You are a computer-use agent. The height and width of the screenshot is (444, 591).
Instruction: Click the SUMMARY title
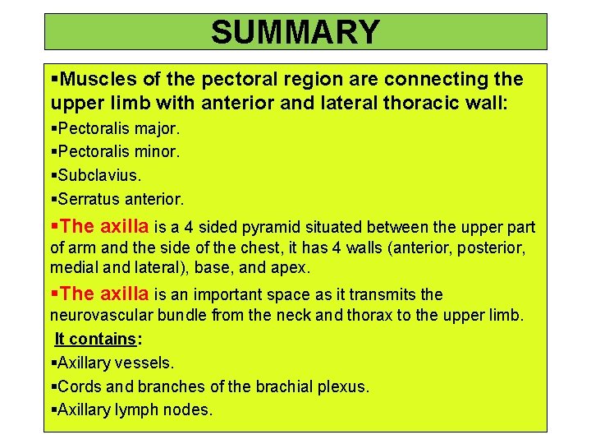click(x=295, y=32)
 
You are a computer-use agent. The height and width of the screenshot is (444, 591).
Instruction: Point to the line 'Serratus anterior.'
click(x=117, y=198)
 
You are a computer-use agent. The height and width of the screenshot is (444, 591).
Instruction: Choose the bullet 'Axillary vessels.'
click(x=112, y=362)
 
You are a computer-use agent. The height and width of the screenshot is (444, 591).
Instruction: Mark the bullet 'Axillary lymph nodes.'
click(x=131, y=409)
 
